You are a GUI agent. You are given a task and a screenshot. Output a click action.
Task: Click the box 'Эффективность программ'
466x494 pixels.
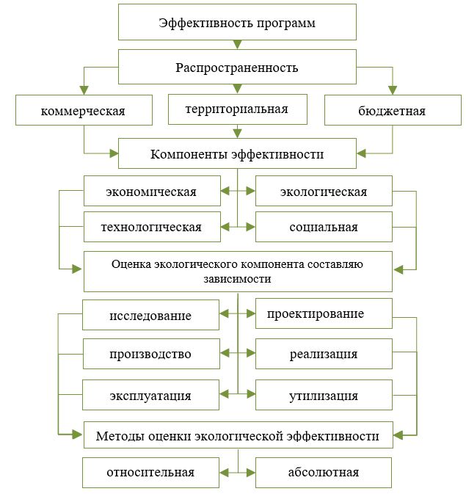tap(237, 22)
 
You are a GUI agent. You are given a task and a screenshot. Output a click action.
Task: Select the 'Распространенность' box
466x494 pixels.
tap(237, 67)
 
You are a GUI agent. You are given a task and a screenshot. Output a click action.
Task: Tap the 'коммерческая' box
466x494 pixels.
tap(84, 110)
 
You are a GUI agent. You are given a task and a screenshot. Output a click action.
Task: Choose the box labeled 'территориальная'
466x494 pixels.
tap(238, 109)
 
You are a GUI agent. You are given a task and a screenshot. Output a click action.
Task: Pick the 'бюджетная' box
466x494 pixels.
tap(393, 110)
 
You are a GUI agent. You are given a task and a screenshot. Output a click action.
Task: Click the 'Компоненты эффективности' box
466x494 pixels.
tap(237, 153)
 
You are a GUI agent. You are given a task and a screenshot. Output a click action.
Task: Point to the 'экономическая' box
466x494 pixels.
tap(152, 191)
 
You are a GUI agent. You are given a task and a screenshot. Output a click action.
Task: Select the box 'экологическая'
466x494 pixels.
tap(324, 191)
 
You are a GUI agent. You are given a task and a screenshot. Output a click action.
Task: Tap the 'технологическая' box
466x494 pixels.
tap(152, 227)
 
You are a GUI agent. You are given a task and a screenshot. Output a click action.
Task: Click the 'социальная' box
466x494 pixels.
tap(324, 227)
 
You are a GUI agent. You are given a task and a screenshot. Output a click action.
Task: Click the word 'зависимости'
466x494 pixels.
tap(237, 279)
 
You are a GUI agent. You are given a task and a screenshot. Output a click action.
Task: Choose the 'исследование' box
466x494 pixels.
tap(150, 315)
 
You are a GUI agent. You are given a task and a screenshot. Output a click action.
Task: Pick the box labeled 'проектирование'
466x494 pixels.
tap(324, 313)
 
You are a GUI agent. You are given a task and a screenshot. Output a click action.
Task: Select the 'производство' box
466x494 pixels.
tap(151, 354)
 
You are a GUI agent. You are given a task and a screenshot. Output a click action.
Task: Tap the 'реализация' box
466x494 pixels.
tap(324, 354)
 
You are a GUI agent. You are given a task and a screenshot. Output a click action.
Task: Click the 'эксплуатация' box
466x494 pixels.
tap(150, 395)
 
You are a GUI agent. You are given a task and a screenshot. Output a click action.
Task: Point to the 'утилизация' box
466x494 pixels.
tap(324, 395)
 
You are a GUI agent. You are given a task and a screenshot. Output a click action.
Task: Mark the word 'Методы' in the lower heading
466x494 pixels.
tap(120, 436)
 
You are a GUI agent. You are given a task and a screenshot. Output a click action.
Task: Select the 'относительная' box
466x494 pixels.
tap(150, 472)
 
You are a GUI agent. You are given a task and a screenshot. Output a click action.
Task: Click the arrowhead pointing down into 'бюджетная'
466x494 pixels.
tap(393, 90)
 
